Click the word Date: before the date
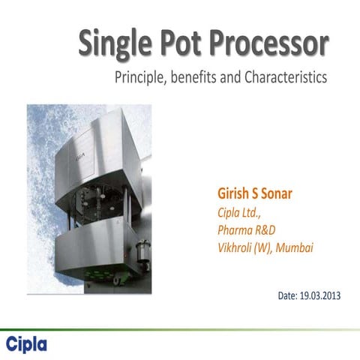click(x=289, y=295)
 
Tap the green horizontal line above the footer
click(x=180, y=328)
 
